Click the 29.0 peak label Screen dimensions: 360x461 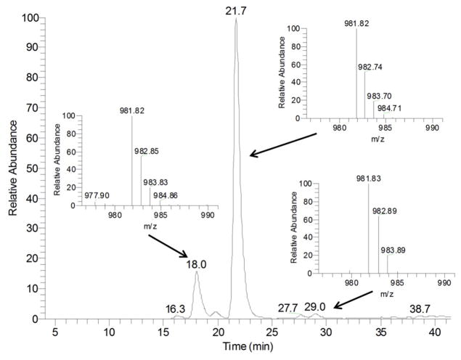(315, 308)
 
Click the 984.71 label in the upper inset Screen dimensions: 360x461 (387, 108)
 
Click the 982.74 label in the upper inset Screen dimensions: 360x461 (372, 66)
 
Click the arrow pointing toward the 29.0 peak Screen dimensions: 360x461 (354, 299)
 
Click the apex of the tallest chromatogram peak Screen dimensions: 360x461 (236, 20)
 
